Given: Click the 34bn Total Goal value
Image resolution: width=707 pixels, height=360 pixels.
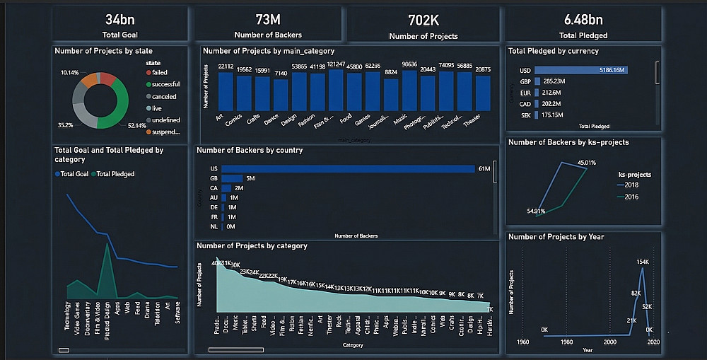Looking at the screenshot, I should [120, 19].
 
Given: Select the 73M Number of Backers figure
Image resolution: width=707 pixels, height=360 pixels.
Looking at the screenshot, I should [268, 19].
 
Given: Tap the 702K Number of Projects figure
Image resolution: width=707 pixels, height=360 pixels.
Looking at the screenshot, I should [423, 20].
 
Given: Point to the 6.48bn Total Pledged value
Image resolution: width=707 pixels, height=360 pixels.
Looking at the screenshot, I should [583, 19].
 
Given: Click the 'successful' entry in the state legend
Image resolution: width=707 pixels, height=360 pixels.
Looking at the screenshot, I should [165, 84].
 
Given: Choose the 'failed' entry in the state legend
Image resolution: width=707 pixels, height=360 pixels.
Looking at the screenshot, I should [159, 72].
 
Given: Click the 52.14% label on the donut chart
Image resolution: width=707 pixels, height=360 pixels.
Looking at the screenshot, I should [137, 125].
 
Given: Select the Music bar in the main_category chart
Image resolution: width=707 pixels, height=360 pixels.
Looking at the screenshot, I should [409, 92].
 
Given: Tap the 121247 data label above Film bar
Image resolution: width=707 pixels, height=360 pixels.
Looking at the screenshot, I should [336, 64].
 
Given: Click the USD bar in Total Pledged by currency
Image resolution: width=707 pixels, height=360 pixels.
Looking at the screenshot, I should [581, 69].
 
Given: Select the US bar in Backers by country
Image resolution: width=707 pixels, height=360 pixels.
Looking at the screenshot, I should [348, 168].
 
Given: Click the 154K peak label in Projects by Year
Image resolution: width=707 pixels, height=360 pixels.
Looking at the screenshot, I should [642, 262].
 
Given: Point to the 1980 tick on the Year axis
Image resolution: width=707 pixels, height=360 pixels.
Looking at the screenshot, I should [566, 342].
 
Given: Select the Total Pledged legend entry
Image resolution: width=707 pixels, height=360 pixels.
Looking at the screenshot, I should [115, 174].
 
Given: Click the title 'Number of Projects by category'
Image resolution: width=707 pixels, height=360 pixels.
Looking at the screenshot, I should [252, 246].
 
